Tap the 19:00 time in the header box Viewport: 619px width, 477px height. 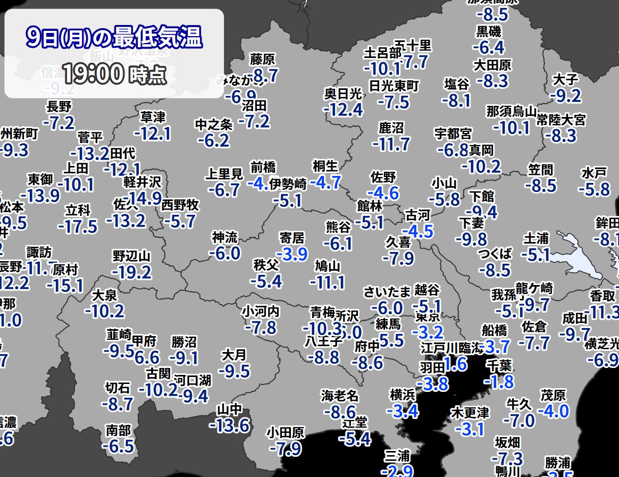click(x=93, y=74)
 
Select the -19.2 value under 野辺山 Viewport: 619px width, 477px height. click(x=132, y=272)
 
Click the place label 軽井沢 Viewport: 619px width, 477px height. click(x=142, y=182)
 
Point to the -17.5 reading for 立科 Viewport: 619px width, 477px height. click(x=78, y=226)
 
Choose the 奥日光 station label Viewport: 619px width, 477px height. click(x=343, y=94)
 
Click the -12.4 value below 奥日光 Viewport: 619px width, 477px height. click(x=343, y=110)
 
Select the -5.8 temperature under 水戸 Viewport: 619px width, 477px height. click(x=594, y=188)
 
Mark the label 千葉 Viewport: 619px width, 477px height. click(x=499, y=365)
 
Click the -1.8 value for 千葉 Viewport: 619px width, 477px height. click(x=499, y=381)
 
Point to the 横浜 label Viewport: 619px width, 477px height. click(x=403, y=395)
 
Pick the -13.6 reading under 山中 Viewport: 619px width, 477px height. click(x=229, y=425)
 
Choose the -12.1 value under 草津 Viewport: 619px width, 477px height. click(x=152, y=133)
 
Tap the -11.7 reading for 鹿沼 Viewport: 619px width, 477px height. click(x=391, y=143)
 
